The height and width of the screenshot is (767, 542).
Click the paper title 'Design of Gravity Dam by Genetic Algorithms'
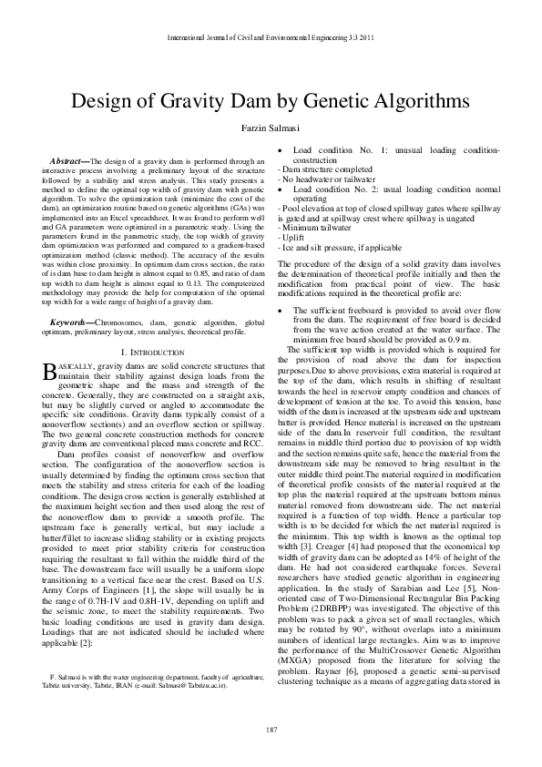click(271, 100)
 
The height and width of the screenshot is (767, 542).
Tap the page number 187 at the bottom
click(271, 731)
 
